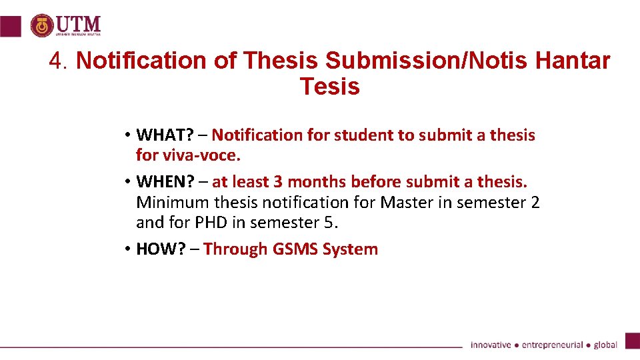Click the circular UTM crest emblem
(x=43, y=25)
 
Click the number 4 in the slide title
(x=57, y=61)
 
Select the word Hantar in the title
(x=572, y=61)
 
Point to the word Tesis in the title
(x=329, y=87)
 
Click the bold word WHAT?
(x=165, y=135)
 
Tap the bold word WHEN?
(x=165, y=182)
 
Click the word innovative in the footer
(x=491, y=345)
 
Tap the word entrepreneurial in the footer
(x=552, y=345)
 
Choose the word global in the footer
(x=605, y=345)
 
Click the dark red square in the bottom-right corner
(x=632, y=340)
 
